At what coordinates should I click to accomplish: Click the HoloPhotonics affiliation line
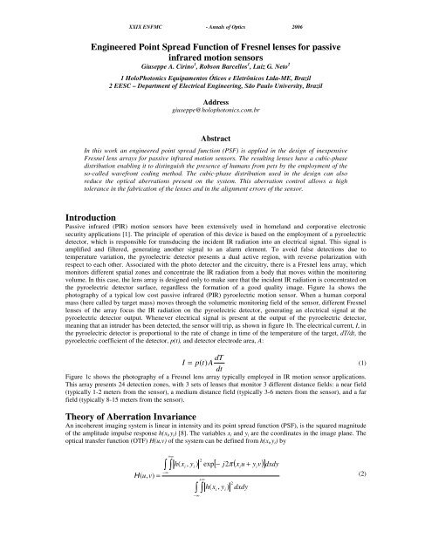point(216,76)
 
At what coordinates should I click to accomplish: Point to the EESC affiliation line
point(216,85)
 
